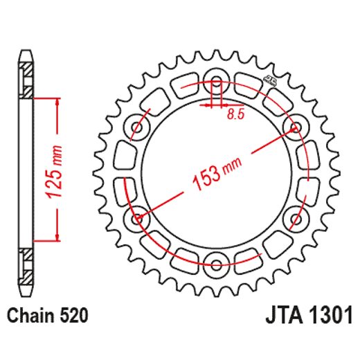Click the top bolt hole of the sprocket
(x=216, y=78)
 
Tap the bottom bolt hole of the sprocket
(x=216, y=264)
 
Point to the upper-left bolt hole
(x=136, y=127)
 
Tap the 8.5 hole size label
(x=235, y=115)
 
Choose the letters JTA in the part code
(x=282, y=317)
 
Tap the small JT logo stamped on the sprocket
(x=267, y=80)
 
